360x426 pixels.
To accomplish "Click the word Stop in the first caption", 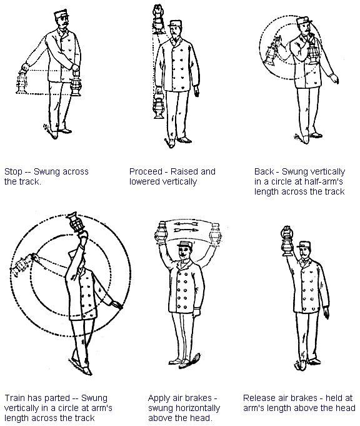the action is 13,171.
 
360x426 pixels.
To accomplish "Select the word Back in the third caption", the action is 264,171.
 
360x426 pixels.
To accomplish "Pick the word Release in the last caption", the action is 259,398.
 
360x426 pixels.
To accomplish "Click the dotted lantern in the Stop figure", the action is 21,81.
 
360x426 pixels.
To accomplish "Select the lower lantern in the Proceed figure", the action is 159,106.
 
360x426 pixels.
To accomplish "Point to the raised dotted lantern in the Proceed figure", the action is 159,19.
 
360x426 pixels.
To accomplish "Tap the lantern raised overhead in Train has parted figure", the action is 74,221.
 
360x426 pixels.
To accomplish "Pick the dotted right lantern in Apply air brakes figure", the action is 216,235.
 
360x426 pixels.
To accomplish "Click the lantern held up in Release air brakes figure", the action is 286,241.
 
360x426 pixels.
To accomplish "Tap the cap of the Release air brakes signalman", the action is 304,245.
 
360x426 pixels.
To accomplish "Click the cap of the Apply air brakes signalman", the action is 184,244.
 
